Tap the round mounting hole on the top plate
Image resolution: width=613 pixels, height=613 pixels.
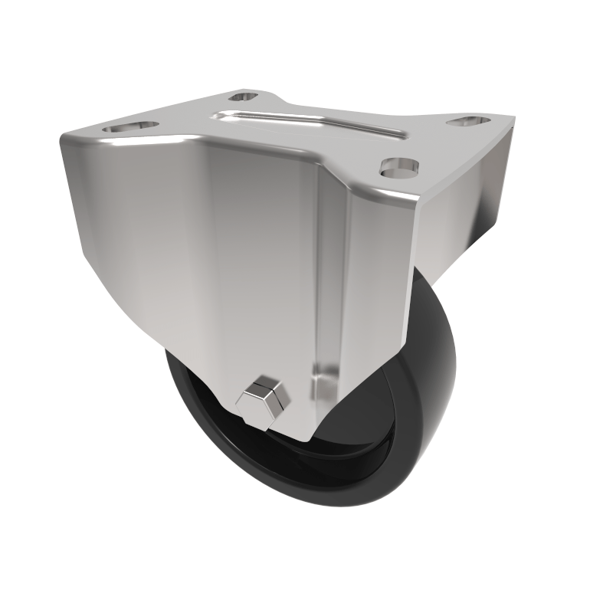398,166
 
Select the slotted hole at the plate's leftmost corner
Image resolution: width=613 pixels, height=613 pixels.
130,126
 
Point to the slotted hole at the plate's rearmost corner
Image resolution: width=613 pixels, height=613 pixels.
244,97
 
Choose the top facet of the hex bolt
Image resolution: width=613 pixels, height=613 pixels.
264,384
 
